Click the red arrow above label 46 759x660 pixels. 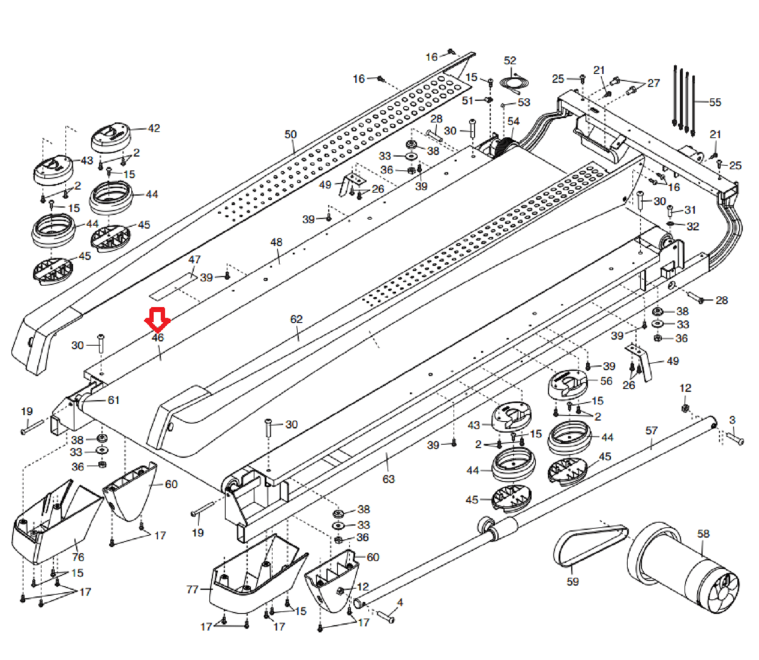pyautogui.click(x=157, y=320)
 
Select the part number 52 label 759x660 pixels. pyautogui.click(x=510, y=61)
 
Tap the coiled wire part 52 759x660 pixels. pyautogui.click(x=514, y=84)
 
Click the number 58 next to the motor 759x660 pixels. pyautogui.click(x=703, y=533)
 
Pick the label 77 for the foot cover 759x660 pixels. pyautogui.click(x=192, y=589)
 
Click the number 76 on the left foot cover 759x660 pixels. pyautogui.click(x=78, y=557)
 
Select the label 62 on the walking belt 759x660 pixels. pyautogui.click(x=296, y=319)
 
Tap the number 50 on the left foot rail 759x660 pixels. pyautogui.click(x=290, y=134)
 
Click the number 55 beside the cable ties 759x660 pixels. pyautogui.click(x=715, y=103)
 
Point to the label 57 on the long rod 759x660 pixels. pyautogui.click(x=652, y=431)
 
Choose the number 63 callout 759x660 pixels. pyautogui.click(x=388, y=479)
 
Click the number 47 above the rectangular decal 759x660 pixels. pyautogui.click(x=194, y=260)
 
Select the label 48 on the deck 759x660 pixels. pyautogui.click(x=277, y=242)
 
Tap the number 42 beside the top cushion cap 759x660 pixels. pyautogui.click(x=154, y=128)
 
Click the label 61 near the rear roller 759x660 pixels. pyautogui.click(x=113, y=400)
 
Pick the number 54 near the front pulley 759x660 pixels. pyautogui.click(x=514, y=121)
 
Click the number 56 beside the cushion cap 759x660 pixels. pyautogui.click(x=606, y=381)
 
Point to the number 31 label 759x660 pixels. pyautogui.click(x=690, y=210)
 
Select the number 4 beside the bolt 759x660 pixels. pyautogui.click(x=400, y=602)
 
